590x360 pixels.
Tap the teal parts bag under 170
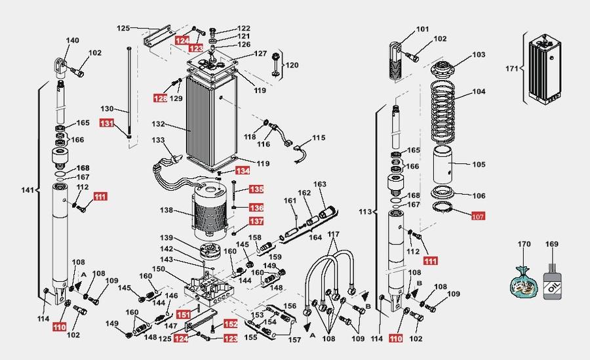[x=523, y=282]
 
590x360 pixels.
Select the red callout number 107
[x=477, y=216]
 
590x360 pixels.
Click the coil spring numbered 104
[x=443, y=112]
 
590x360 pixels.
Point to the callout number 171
[x=511, y=69]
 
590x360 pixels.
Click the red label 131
[x=106, y=123]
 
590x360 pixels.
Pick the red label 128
[x=161, y=98]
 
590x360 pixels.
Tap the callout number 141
[x=28, y=190]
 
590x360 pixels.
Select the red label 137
[x=256, y=221]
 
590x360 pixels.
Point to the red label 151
[x=184, y=315]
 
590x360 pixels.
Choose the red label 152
[x=231, y=324]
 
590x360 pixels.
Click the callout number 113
[x=365, y=212]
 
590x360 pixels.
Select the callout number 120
[x=292, y=65]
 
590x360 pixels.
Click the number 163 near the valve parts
[x=320, y=184]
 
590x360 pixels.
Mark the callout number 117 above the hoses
[x=334, y=234]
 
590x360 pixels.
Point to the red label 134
[x=243, y=170]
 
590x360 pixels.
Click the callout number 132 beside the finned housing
[x=159, y=124]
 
